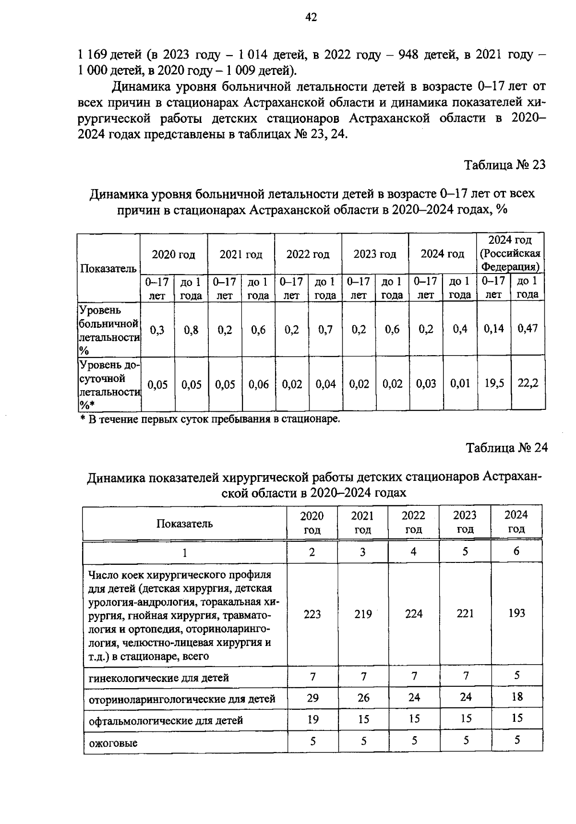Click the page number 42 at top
coord(311,18)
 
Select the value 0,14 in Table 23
coord(493,329)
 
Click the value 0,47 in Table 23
coord(528,329)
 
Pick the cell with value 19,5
coord(494,383)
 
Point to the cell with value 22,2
coord(528,383)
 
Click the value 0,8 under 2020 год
coord(191,330)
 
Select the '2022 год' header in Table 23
coord(308,254)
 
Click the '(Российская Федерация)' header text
coord(510,260)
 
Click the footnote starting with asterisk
coord(210,419)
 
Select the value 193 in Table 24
coord(516,613)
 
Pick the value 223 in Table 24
coord(312,614)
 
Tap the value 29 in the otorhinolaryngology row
coord(312,698)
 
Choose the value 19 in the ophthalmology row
coord(312,719)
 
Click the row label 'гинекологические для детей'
coord(159,678)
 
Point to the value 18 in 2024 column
coord(516,697)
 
